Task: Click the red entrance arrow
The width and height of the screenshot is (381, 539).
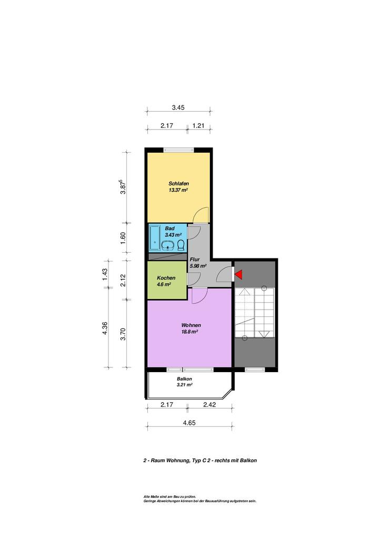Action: point(239,274)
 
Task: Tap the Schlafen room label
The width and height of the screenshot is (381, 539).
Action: point(178,184)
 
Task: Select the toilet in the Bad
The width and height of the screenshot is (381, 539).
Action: point(181,245)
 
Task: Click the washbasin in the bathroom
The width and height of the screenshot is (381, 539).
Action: point(168,245)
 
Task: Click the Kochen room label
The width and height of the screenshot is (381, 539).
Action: point(166,278)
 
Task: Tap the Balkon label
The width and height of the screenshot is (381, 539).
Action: point(185,379)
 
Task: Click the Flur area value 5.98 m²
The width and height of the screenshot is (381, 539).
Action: point(198,266)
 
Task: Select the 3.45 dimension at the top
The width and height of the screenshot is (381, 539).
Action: point(178,107)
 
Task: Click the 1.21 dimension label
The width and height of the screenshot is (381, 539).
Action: point(198,126)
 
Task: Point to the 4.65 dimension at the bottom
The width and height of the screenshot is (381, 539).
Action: point(189,423)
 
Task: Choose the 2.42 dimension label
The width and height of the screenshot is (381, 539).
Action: point(209,405)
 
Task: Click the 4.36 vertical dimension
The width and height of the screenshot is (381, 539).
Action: point(105,327)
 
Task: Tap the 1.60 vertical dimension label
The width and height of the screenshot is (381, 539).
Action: point(123,237)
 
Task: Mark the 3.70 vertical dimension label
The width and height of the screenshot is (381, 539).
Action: point(123,334)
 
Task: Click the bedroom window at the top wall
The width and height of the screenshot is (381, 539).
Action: point(178,149)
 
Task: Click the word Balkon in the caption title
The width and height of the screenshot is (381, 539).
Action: point(248,460)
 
